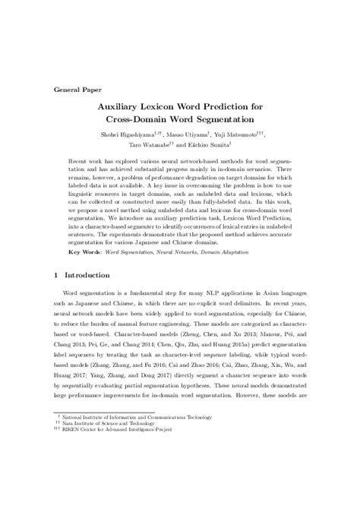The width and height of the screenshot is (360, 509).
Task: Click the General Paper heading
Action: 79,89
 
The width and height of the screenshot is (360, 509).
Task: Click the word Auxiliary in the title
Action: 125,108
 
